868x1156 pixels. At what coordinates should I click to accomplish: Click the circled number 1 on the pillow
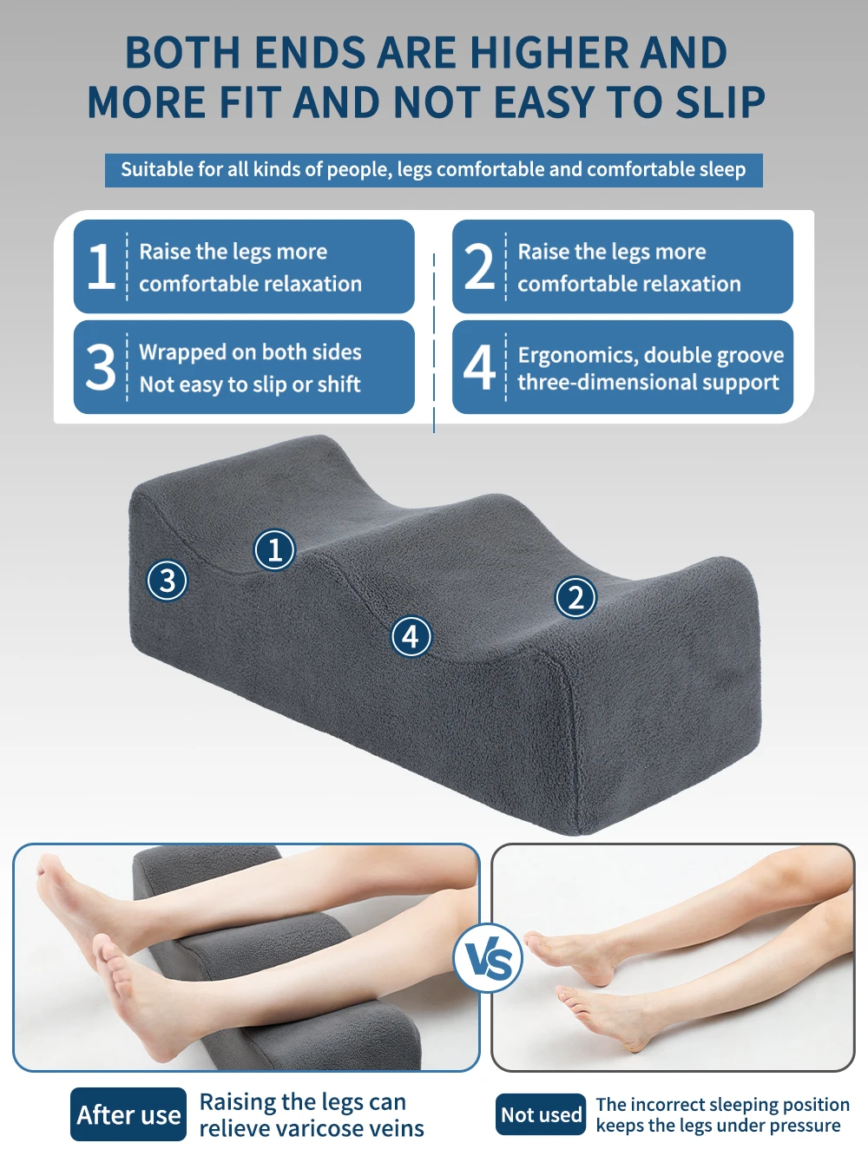coord(274,550)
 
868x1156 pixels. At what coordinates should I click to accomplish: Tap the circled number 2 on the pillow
coord(575,597)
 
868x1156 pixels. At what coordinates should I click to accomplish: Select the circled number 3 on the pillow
coord(167,581)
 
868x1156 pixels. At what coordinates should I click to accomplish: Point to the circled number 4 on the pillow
coord(411,637)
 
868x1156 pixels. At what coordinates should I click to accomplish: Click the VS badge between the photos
coord(488,958)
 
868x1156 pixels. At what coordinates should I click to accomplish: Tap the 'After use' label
coord(128,1114)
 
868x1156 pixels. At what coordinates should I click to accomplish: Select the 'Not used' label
coord(541,1114)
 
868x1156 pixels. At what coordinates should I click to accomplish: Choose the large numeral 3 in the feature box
coord(101,366)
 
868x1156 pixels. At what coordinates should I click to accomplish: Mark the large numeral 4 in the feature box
coord(479,366)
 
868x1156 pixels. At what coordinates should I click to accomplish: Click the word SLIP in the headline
coord(720,102)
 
